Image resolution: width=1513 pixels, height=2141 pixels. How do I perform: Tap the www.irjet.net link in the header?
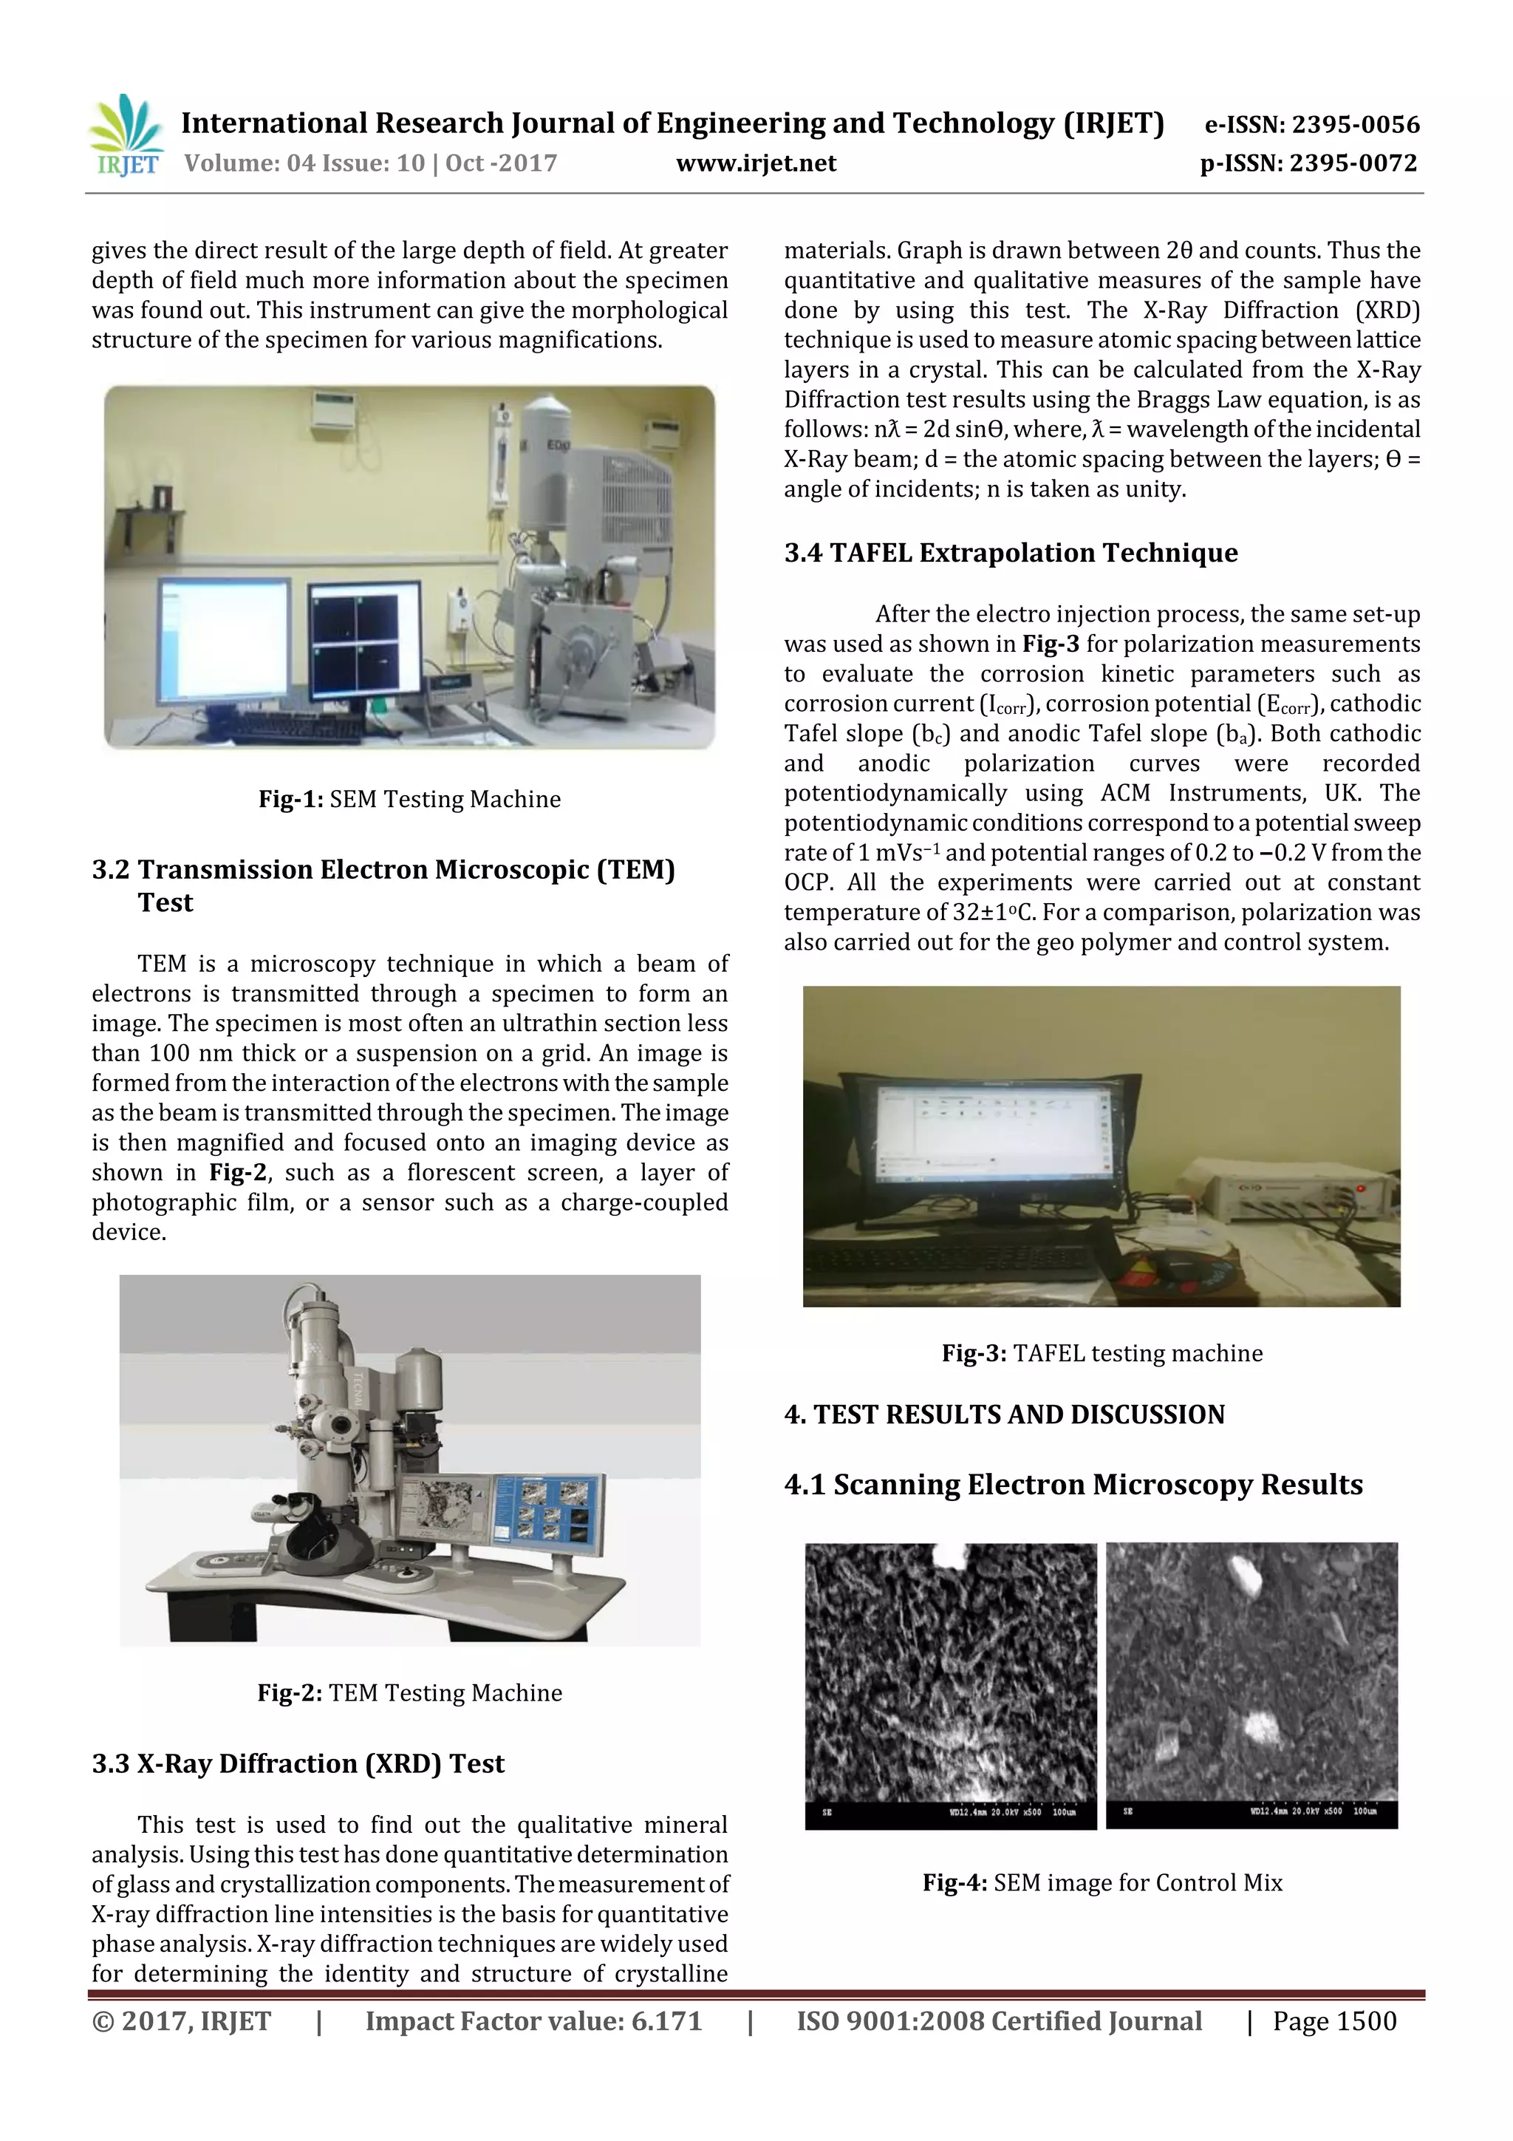(x=755, y=163)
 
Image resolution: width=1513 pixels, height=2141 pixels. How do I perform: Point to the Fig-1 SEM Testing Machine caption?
(x=409, y=799)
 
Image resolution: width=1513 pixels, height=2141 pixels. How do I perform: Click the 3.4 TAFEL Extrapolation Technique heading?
(x=1011, y=553)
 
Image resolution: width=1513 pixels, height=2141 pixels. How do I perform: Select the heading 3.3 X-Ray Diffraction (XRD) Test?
(x=298, y=1763)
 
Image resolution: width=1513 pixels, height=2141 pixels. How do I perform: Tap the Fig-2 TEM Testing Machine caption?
(x=409, y=1692)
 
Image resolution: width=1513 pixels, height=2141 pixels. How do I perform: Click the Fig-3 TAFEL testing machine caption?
(x=1102, y=1353)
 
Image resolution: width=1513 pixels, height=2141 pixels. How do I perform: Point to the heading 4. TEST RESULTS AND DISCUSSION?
(x=1004, y=1415)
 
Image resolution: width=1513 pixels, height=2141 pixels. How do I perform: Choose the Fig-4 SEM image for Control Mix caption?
(x=1102, y=1882)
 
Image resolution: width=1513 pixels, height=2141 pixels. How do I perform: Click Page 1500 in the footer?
(x=1334, y=2021)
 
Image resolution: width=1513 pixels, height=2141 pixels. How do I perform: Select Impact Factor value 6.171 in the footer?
(x=533, y=2021)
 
